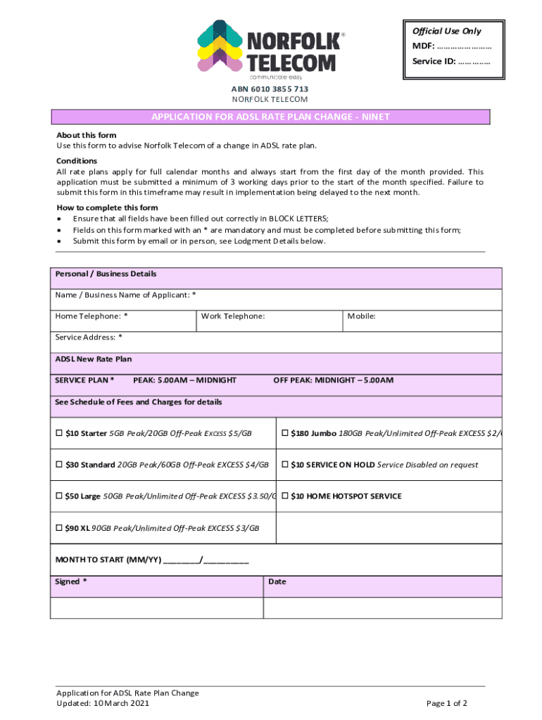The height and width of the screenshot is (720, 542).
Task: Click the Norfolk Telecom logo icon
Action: coord(219,46)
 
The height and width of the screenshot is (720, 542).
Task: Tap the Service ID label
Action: coord(434,62)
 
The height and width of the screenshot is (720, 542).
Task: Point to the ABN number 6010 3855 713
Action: coord(270,89)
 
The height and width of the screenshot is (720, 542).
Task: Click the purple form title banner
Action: coord(270,117)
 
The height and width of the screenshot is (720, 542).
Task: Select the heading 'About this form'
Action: coord(87,135)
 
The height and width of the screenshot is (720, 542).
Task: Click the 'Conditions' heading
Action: coord(77,161)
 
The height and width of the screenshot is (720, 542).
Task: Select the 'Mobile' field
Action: coord(422,321)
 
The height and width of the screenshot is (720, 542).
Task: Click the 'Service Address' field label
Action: coord(89,337)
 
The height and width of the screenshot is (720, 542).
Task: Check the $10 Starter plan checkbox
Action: coord(60,433)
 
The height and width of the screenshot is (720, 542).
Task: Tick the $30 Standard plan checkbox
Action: coord(60,465)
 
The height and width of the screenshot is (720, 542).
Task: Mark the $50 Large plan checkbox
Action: coord(60,496)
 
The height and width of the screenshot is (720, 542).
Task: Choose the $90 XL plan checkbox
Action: coord(60,528)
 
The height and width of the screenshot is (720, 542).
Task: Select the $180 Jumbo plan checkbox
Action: coord(285,433)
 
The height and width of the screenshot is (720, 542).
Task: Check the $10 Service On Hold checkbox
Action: coord(285,465)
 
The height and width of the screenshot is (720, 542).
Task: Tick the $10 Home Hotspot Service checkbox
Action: coord(285,496)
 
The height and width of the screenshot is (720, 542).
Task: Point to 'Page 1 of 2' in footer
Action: coord(447,703)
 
